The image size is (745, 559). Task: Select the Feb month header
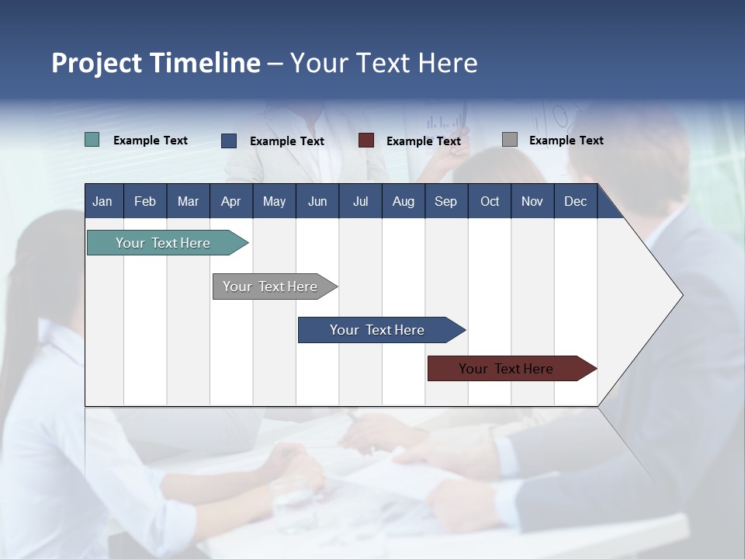[x=145, y=201]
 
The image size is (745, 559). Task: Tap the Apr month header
[x=231, y=201]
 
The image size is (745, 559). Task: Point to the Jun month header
[x=317, y=201]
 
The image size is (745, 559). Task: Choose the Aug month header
[x=404, y=201]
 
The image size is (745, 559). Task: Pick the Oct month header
[x=490, y=201]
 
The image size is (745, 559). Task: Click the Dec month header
[x=575, y=201]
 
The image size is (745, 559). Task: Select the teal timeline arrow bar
[x=168, y=242]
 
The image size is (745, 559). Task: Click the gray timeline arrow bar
[x=275, y=286]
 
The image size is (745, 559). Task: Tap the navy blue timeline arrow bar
[x=382, y=330]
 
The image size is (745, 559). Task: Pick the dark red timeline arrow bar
[x=512, y=368]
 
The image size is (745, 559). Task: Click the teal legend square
[x=92, y=140]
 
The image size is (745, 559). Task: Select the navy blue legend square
[x=229, y=141]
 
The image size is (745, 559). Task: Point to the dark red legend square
[x=366, y=141]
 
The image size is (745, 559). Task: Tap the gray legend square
[x=510, y=139]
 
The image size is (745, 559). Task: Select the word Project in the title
[x=96, y=63]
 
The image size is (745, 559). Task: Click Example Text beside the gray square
[x=567, y=141]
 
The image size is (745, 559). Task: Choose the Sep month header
[x=446, y=201]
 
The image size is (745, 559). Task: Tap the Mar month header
[x=188, y=201]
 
